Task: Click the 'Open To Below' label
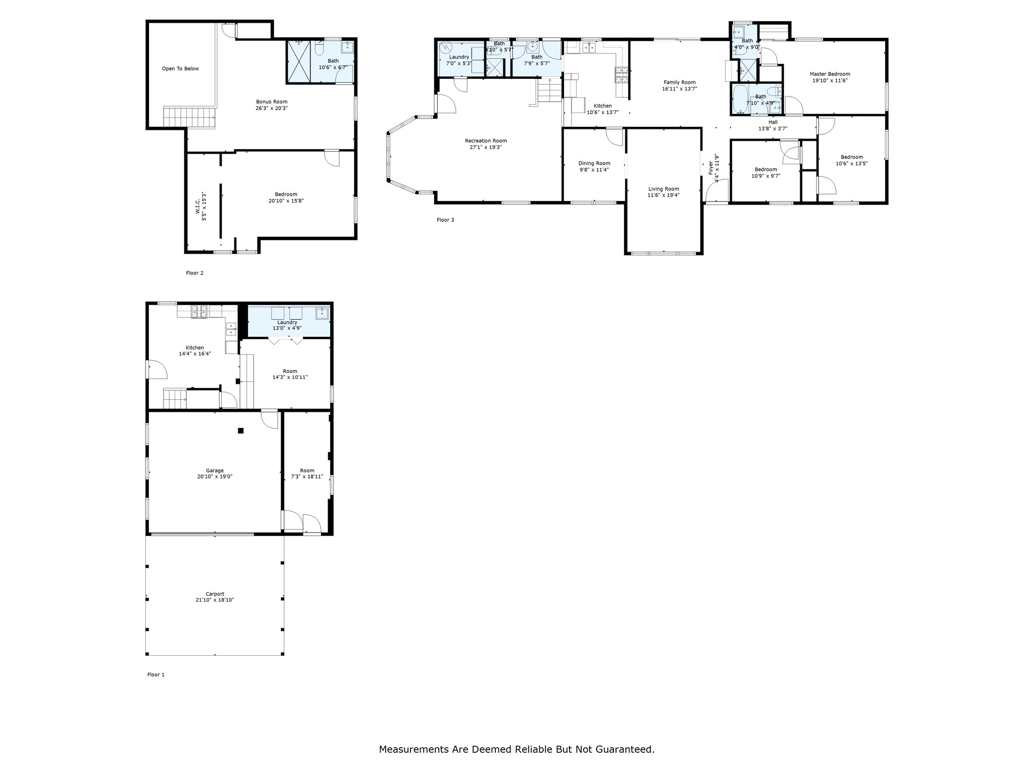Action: tap(180, 69)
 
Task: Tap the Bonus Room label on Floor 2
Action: tap(272, 102)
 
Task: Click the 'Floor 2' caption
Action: tap(194, 273)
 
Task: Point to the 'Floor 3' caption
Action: tap(445, 220)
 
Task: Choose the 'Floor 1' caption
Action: tap(156, 674)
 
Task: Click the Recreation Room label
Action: tap(486, 141)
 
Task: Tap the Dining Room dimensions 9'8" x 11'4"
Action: tap(594, 169)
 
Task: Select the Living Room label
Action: tap(663, 189)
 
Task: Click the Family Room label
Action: tap(679, 82)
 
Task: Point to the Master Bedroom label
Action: tap(830, 74)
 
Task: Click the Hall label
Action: tap(773, 122)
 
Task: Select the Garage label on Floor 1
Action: tap(215, 470)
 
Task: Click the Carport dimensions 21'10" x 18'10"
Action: tap(215, 600)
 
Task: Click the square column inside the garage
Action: tap(241, 430)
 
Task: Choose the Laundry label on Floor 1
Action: tap(287, 322)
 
